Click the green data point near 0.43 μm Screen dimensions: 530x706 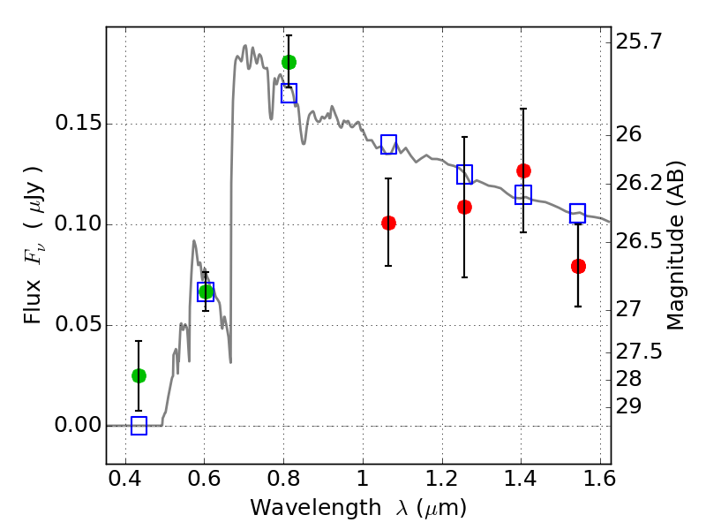tap(139, 375)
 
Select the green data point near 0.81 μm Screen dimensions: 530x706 tap(289, 62)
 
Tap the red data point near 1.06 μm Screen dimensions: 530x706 tap(388, 223)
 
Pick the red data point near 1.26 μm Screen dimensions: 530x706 tap(464, 207)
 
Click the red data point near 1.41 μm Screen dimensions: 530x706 tap(523, 170)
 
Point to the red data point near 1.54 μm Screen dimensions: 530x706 tap(578, 266)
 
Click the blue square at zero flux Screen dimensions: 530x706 tap(139, 426)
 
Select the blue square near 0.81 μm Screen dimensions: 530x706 tap(289, 93)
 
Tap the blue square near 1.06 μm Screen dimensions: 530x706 tap(388, 144)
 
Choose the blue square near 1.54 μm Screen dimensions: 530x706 tap(578, 213)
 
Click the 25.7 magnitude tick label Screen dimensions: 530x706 tap(638, 42)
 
